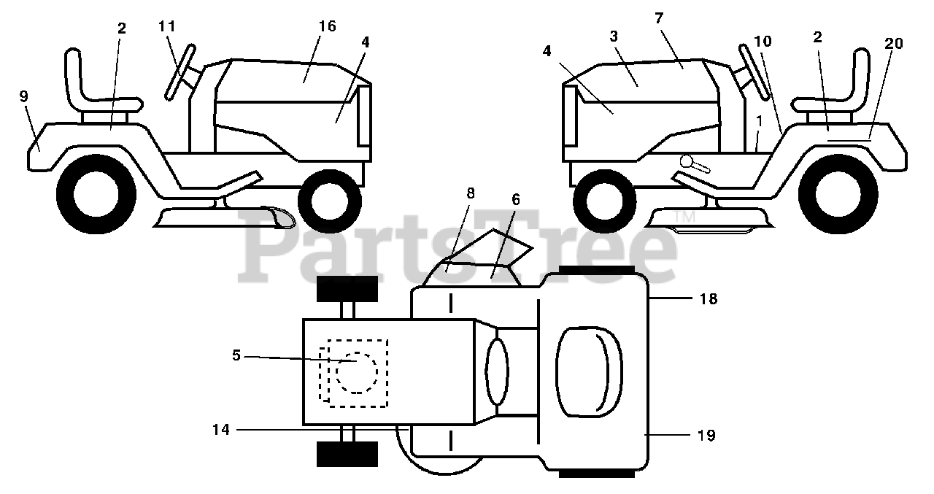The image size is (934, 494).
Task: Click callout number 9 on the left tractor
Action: pyautogui.click(x=24, y=96)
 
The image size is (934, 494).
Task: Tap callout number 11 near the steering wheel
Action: pyautogui.click(x=167, y=26)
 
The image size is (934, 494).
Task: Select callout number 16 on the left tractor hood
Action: pyautogui.click(x=328, y=26)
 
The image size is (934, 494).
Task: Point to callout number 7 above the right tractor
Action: pyautogui.click(x=659, y=18)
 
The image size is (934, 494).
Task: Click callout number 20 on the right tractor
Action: pyautogui.click(x=893, y=43)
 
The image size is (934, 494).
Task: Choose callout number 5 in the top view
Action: pyautogui.click(x=236, y=355)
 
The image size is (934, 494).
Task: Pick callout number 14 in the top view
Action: pyautogui.click(x=221, y=429)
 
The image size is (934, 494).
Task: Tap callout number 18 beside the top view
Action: pyautogui.click(x=709, y=298)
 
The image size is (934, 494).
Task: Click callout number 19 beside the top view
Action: pyautogui.click(x=706, y=435)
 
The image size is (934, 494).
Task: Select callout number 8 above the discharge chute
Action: pyautogui.click(x=471, y=193)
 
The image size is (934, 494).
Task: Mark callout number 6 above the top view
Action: pyautogui.click(x=516, y=200)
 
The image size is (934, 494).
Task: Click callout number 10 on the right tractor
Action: pyautogui.click(x=763, y=42)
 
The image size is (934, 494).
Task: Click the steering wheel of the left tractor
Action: pyautogui.click(x=180, y=72)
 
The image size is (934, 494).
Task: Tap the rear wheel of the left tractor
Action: pyautogui.click(x=96, y=194)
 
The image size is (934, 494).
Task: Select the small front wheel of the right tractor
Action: pyautogui.click(x=605, y=201)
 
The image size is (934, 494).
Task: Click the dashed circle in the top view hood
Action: pyautogui.click(x=357, y=373)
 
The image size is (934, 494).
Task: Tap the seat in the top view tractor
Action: pyautogui.click(x=589, y=372)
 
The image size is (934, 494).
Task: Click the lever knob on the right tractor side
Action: pyautogui.click(x=686, y=161)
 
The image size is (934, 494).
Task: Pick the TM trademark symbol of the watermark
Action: pyautogui.click(x=685, y=217)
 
